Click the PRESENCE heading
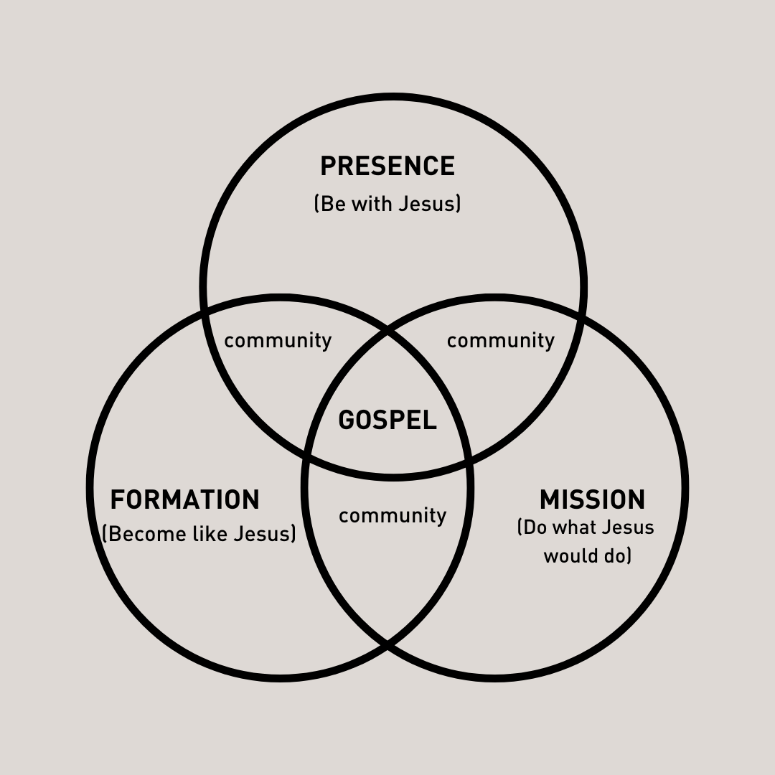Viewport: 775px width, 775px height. tap(387, 166)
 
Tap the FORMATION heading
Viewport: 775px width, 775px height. tap(184, 499)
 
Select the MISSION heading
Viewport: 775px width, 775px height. tap(592, 499)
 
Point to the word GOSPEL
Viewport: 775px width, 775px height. tap(387, 420)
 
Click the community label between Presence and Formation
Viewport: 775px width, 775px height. tap(278, 340)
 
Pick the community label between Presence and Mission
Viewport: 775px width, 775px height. tap(500, 340)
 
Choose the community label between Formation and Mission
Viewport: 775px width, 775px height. tap(393, 515)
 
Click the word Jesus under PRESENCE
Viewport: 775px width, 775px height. tap(428, 204)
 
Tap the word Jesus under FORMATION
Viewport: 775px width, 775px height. tap(264, 534)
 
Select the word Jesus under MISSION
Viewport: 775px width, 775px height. tap(627, 527)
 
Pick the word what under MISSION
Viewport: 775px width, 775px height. tap(573, 527)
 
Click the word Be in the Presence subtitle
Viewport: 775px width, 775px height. tap(333, 204)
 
